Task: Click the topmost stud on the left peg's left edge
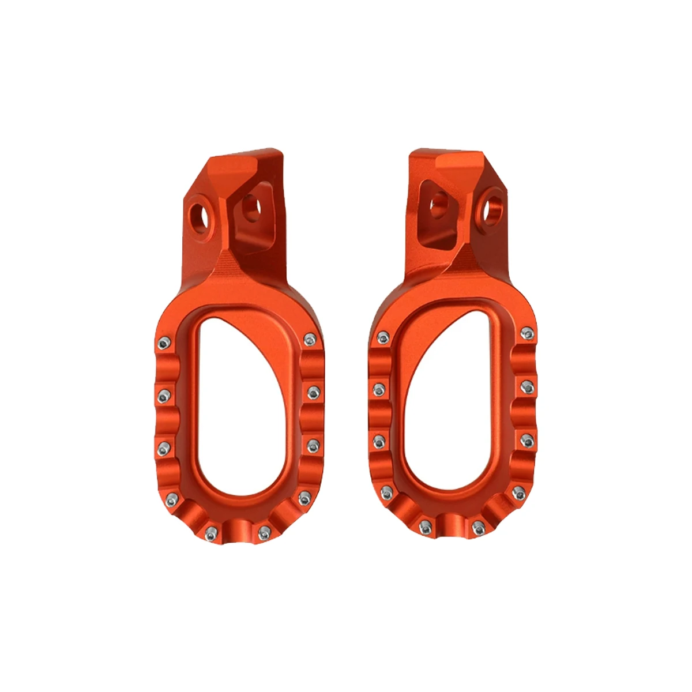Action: coord(164,344)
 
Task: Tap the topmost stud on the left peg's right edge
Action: coord(310,339)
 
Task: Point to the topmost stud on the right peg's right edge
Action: coord(526,333)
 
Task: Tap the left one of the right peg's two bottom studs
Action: coord(426,525)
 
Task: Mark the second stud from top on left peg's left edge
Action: coord(164,395)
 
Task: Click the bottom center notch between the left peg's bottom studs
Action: coord(238,534)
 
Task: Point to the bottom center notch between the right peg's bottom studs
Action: coord(452,528)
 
